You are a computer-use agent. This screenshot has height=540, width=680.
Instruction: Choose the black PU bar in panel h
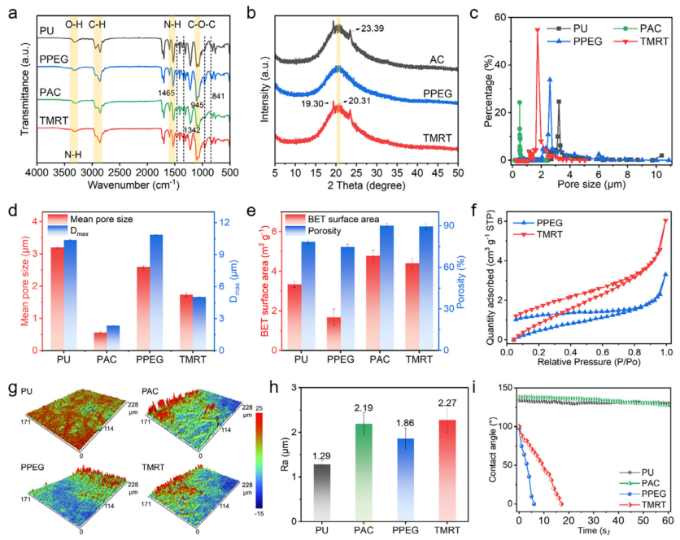point(324,496)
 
